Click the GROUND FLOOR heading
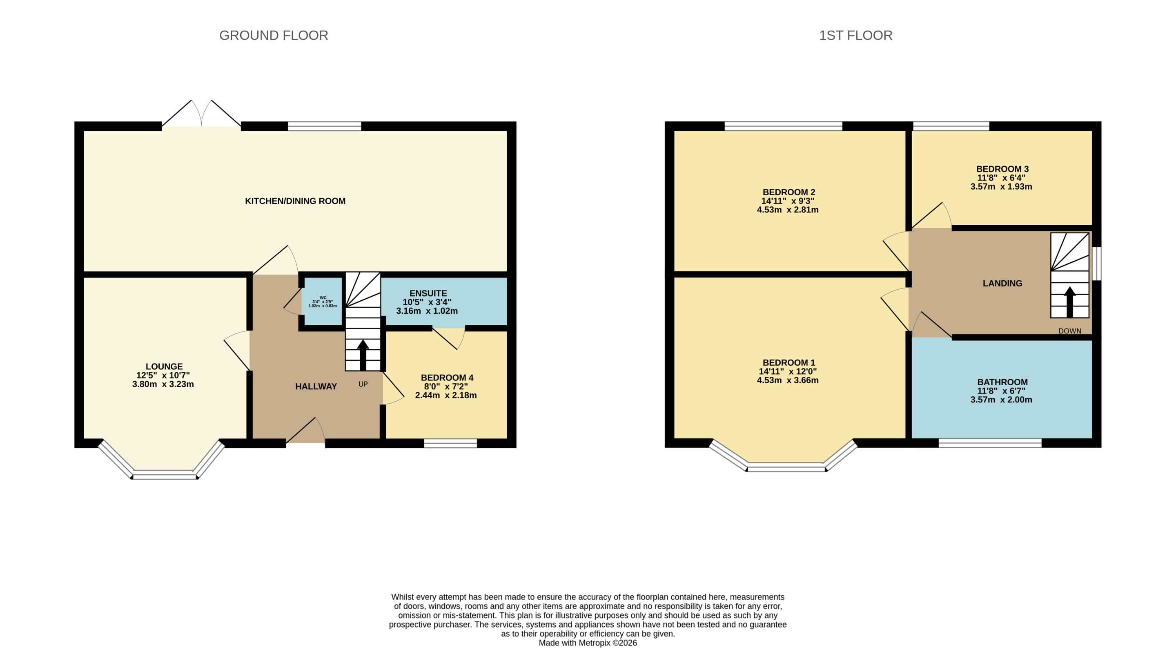(274, 35)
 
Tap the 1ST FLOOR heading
(855, 35)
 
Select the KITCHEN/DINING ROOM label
(295, 201)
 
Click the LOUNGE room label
(164, 366)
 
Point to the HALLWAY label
(316, 387)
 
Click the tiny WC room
(323, 302)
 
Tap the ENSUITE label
(428, 293)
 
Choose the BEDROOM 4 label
(447, 378)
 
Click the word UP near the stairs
(363, 384)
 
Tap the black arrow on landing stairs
(1070, 302)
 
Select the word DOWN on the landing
(1070, 331)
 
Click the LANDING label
(1002, 283)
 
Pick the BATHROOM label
(1002, 382)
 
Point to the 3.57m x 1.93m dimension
(1001, 186)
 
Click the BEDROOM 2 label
(789, 192)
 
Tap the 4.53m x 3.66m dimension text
(788, 380)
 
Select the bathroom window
(990, 443)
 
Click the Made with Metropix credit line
(588, 643)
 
